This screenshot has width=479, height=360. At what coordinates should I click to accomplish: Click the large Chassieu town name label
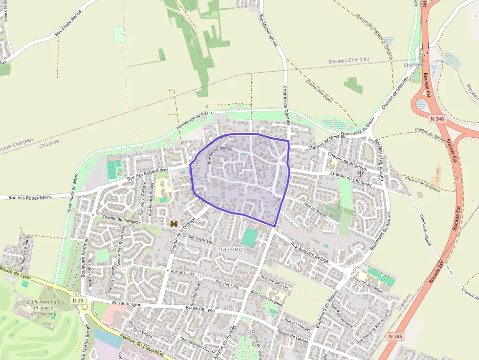pos(228,249)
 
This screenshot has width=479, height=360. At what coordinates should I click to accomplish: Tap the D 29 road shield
pos(78,300)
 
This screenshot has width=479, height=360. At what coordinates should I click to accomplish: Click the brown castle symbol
pos(173,224)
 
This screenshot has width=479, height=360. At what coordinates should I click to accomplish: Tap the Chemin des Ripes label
pos(319,91)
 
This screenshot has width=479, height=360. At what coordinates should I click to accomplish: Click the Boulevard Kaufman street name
pos(85,257)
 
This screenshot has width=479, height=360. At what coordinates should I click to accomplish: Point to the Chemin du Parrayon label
pos(121,219)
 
